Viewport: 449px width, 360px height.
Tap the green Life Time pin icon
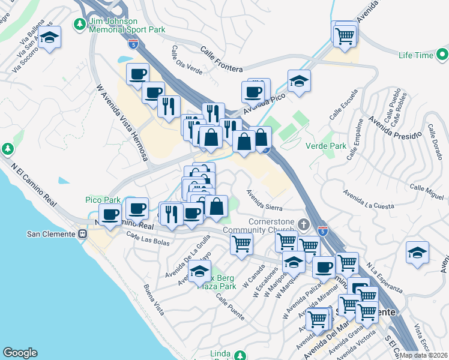(442, 56)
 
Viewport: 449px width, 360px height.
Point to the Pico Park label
(102, 200)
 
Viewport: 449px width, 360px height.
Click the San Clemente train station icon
(83, 233)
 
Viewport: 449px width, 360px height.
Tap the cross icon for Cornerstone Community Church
(304, 226)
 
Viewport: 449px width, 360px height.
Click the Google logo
(20, 353)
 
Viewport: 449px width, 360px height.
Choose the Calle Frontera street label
(221, 61)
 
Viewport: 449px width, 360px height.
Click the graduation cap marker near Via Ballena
(50, 38)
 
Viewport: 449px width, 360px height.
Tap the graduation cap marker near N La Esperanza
(417, 253)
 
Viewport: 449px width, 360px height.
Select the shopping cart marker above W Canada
(241, 244)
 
